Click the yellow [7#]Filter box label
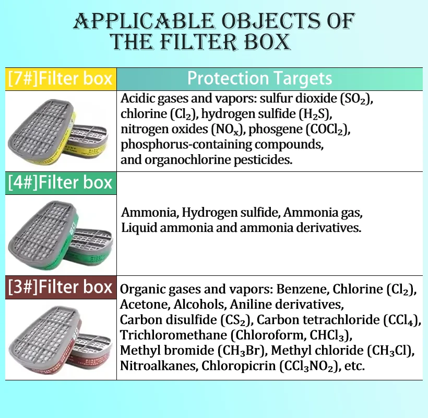coord(61,79)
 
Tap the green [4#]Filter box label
coord(61,183)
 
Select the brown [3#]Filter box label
coord(61,287)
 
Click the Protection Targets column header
coord(259,79)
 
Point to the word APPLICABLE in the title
coord(144,21)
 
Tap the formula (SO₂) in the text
coord(356,99)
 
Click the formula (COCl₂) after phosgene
coord(328,130)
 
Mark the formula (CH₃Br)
coord(242,351)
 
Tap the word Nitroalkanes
coord(159,366)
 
